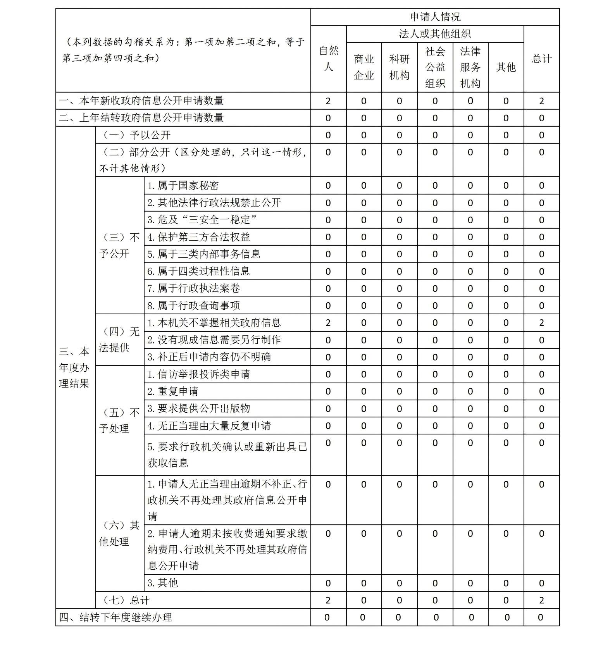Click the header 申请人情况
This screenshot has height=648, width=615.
(x=435, y=17)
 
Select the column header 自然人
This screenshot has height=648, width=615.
(x=328, y=59)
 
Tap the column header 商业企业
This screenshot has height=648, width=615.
(x=363, y=67)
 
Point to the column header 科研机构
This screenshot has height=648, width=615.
(x=399, y=67)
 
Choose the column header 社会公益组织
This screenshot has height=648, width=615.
(x=435, y=67)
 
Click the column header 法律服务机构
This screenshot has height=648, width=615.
(x=470, y=67)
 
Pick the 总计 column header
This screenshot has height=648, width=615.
(x=541, y=59)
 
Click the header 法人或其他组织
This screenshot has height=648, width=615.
(x=435, y=34)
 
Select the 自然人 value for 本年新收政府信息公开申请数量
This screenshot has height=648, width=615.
(x=328, y=101)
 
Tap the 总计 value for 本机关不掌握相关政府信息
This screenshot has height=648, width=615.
(x=541, y=323)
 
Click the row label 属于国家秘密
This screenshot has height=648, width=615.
(x=183, y=186)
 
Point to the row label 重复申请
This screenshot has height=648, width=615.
(x=173, y=391)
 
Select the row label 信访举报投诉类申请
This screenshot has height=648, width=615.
(x=198, y=374)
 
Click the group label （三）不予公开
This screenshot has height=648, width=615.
(x=119, y=245)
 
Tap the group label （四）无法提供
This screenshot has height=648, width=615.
(x=119, y=340)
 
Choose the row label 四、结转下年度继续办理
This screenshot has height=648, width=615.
(x=115, y=617)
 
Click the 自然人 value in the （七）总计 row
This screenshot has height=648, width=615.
(x=328, y=600)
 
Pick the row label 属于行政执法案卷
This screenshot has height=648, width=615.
(x=193, y=288)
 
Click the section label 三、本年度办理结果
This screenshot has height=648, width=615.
(x=74, y=367)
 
